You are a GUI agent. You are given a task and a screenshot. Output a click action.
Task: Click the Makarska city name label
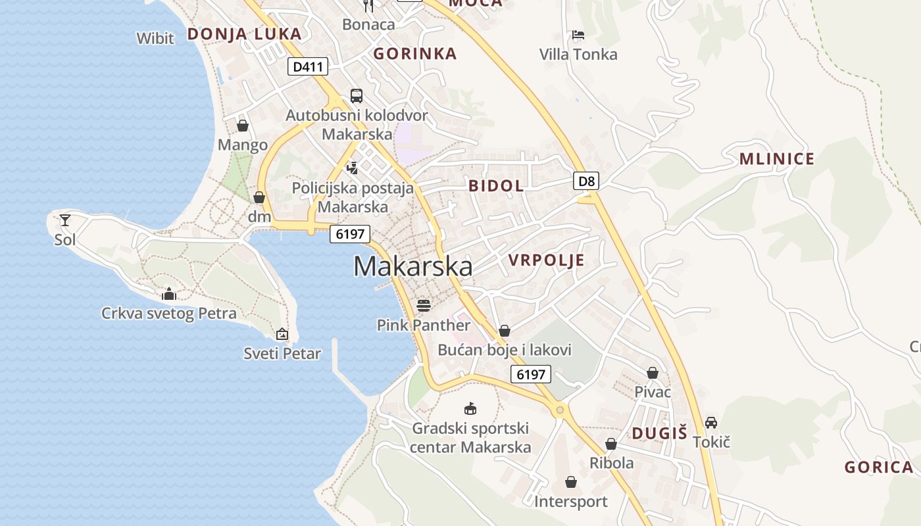(x=412, y=266)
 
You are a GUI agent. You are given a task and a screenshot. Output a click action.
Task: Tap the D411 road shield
(x=307, y=66)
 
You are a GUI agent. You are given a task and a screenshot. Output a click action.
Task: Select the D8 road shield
(x=585, y=181)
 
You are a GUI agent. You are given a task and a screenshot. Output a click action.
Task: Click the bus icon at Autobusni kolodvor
(x=357, y=96)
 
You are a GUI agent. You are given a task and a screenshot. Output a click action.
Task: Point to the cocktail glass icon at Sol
(x=65, y=220)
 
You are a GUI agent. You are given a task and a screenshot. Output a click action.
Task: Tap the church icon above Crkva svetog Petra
(x=169, y=294)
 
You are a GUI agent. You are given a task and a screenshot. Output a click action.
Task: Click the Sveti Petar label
(x=282, y=353)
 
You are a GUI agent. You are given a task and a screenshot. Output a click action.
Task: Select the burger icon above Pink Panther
(x=424, y=305)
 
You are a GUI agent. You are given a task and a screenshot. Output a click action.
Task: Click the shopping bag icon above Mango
(x=243, y=125)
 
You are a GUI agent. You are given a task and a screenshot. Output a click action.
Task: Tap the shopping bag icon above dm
(x=259, y=197)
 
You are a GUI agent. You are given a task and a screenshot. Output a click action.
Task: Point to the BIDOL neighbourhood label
(x=496, y=186)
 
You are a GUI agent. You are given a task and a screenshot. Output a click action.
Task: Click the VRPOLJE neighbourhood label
(x=546, y=260)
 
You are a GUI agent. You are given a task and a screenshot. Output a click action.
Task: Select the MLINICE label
(x=777, y=159)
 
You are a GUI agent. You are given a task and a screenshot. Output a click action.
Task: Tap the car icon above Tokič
(x=711, y=422)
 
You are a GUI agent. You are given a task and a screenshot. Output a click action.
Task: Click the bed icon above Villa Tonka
(x=578, y=34)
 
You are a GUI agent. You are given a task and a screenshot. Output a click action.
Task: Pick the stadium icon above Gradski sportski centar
(x=470, y=408)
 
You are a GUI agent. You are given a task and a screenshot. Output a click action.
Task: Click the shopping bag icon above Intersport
(x=570, y=482)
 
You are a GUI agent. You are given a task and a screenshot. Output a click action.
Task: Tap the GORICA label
(x=879, y=467)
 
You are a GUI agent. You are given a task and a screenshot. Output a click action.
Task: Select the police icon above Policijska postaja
(x=353, y=168)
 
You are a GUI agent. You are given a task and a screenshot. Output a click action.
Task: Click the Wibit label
(x=155, y=38)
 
